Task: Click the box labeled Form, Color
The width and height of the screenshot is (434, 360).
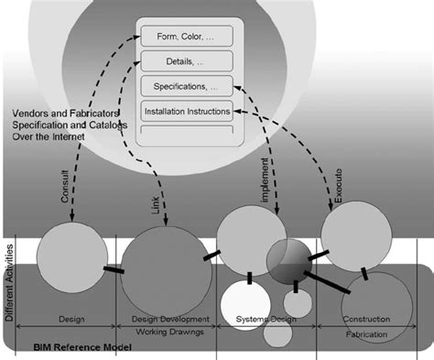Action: click(x=186, y=38)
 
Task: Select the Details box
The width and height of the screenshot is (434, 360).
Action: click(x=186, y=62)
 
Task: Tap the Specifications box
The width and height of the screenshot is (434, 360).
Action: click(x=186, y=87)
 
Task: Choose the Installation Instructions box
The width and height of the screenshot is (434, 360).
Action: click(x=186, y=112)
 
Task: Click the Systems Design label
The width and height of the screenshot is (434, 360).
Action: click(x=265, y=319)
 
